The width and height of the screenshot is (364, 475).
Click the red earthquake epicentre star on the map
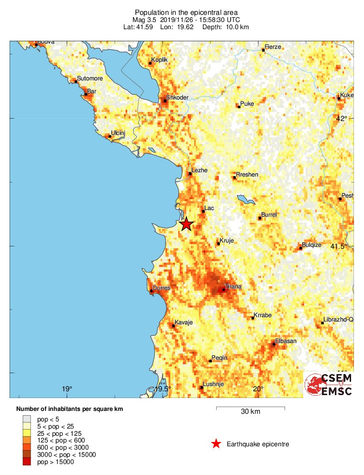tap(186, 224)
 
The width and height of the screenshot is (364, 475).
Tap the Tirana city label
tap(233, 286)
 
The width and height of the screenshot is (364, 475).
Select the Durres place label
tap(161, 288)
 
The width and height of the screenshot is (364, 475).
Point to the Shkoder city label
tap(178, 98)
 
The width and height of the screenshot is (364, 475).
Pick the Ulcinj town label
tap(118, 133)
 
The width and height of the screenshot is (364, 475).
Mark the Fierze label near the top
tap(273, 46)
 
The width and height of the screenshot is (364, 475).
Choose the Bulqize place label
tap(312, 244)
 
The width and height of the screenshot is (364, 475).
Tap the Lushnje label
tap(213, 384)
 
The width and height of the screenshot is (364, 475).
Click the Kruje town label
tap(227, 241)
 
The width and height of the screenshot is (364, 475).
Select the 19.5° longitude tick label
tap(163, 389)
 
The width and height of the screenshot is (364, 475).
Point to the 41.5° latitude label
tap(340, 246)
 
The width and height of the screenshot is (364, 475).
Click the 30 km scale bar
tap(250, 408)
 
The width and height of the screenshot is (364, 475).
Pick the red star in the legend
tap(216, 444)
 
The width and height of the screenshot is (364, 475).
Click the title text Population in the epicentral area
tap(186, 12)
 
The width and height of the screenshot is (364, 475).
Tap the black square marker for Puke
tap(239, 107)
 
